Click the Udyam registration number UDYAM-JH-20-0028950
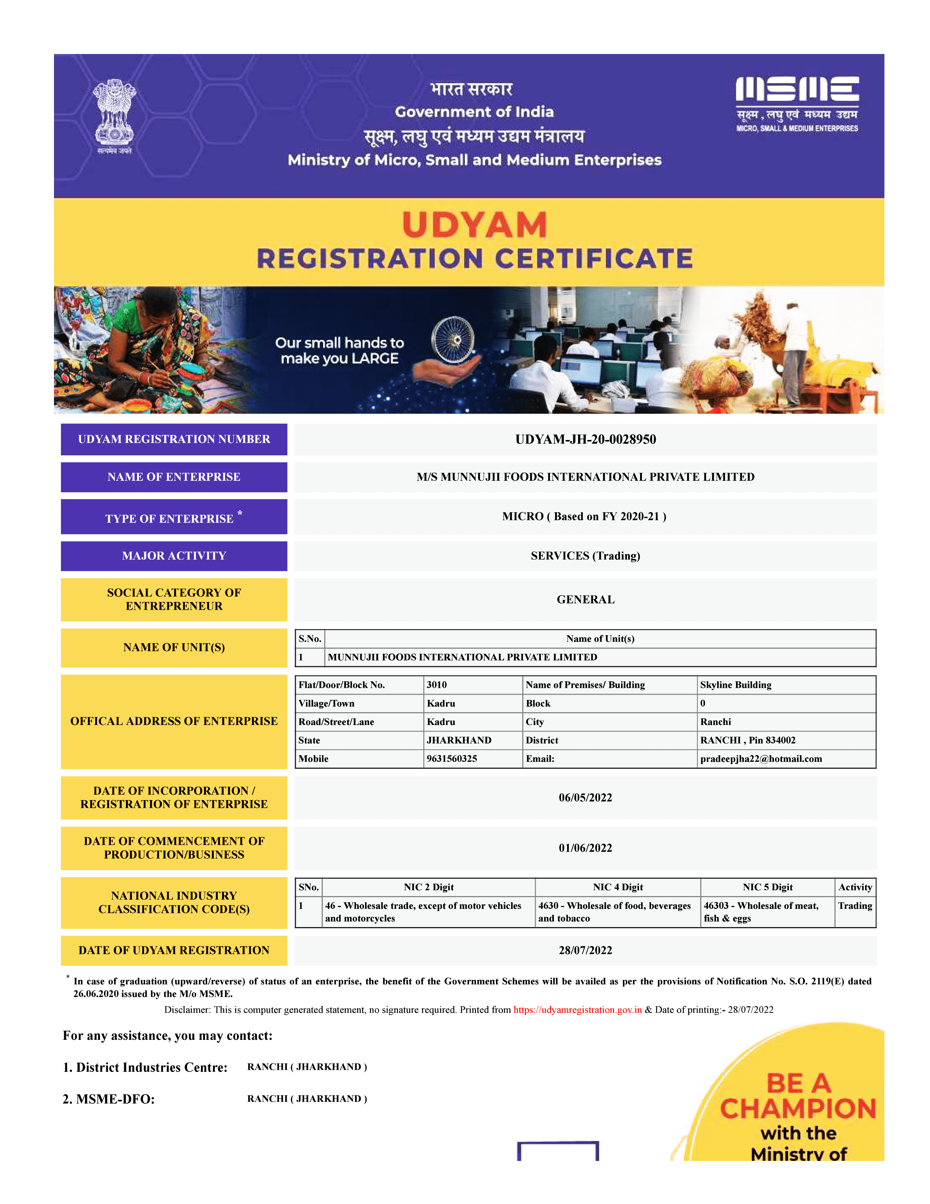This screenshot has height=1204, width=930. coord(585,439)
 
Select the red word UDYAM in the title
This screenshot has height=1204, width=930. coord(474,225)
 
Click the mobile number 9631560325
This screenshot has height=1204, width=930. coord(452,759)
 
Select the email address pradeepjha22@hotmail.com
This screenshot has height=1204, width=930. coord(761,759)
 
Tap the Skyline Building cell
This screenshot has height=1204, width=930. coord(736,685)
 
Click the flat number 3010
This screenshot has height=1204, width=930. coord(436,685)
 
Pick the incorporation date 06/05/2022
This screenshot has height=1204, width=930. coord(585,798)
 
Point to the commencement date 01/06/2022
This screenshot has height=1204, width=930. coord(585,848)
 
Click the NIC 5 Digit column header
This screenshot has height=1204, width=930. coord(767,887)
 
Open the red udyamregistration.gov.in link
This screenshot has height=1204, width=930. coord(577,1010)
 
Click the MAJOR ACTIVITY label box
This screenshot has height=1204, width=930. coord(174,556)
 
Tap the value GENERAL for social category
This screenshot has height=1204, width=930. coord(585,599)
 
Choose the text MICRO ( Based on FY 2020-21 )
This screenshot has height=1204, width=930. coord(584,517)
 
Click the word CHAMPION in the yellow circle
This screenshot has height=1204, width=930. coord(798,1109)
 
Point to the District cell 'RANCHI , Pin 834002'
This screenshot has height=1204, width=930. coord(748,740)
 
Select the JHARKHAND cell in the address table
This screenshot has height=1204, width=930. coord(459,740)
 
